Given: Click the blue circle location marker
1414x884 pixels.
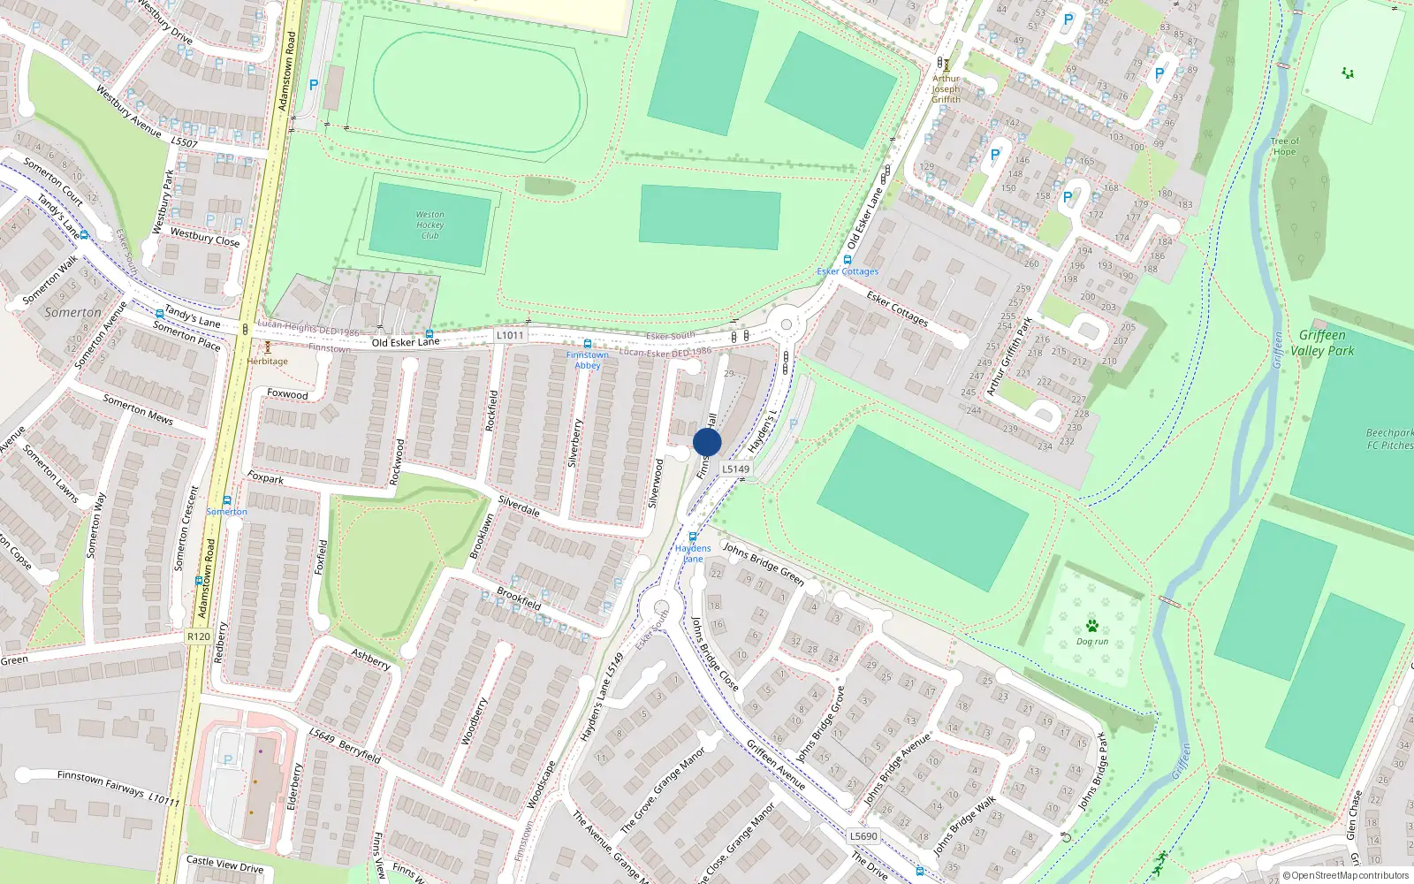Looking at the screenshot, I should tap(707, 442).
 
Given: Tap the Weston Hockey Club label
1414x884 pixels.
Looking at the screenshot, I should tap(430, 225).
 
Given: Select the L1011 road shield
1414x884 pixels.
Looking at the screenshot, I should tap(510, 335).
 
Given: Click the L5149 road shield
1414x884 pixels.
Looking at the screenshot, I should tap(735, 469).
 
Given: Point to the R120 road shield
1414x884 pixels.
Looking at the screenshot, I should tap(199, 636).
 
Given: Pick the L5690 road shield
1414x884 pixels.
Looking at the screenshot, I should tap(863, 836).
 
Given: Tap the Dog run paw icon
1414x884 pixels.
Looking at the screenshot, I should tap(1092, 626).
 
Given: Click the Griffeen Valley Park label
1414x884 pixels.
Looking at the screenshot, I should tap(1322, 343).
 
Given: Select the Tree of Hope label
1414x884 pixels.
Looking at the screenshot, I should tap(1285, 146).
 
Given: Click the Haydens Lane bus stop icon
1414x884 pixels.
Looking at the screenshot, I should tap(693, 537).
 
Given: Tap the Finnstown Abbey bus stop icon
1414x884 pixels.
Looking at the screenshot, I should tap(588, 344).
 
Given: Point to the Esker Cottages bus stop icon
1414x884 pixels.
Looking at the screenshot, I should tap(848, 260).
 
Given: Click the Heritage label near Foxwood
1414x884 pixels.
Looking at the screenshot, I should tap(268, 361).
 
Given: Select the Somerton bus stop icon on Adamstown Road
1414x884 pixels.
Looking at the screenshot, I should tap(227, 500).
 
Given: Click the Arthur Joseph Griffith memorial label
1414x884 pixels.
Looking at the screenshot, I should tap(946, 88).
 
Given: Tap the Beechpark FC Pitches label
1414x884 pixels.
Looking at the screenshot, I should tap(1389, 439).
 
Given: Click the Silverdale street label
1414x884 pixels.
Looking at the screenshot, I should tap(519, 506).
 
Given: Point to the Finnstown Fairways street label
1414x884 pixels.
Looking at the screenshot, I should tap(118, 787).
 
